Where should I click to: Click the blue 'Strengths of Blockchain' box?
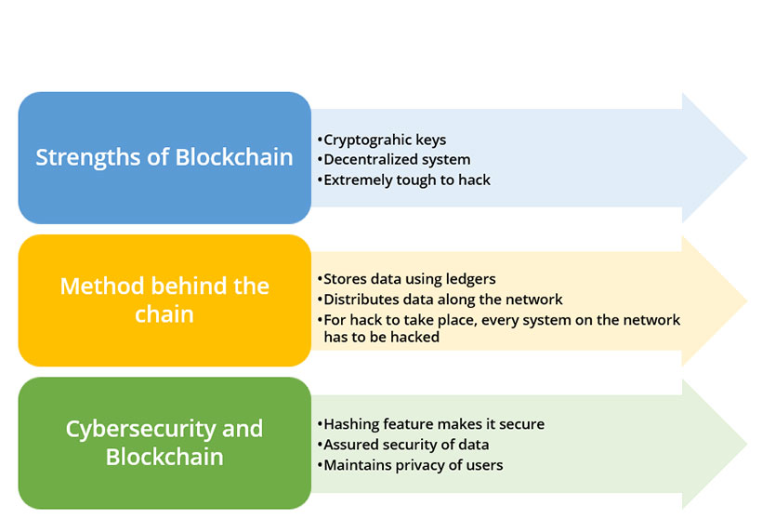pos(164,157)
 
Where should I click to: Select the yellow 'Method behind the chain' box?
pos(164,300)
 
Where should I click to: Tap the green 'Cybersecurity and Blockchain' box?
pos(164,443)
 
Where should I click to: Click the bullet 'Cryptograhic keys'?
pos(382,140)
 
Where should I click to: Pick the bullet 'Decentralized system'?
pos(394,160)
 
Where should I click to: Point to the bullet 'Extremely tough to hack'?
pos(404,180)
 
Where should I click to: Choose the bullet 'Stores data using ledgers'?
pos(406,279)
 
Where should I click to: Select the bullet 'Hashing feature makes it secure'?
pos(430,424)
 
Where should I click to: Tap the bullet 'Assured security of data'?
pos(403,445)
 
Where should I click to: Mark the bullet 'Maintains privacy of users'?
pos(410,465)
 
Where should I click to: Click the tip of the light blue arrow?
pos(747,157)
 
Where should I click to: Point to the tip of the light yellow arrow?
pos(747,300)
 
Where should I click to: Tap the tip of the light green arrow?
pos(747,444)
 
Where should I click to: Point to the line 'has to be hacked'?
pos(382,337)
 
